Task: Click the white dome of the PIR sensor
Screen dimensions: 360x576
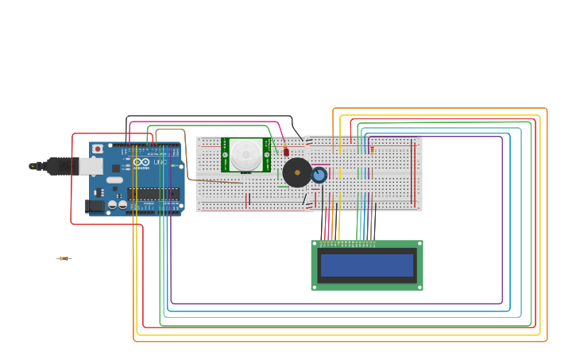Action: click(x=245, y=154)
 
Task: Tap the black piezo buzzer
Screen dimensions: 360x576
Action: click(x=297, y=172)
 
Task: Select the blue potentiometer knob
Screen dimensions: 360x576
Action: click(x=319, y=175)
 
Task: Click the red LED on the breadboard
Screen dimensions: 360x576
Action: click(x=286, y=151)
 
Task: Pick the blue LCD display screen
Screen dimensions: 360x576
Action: click(x=367, y=265)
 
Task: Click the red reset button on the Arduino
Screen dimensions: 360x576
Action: click(x=98, y=149)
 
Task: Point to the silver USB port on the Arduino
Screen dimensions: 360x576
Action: click(x=90, y=165)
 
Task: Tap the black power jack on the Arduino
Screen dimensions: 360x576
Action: click(x=95, y=207)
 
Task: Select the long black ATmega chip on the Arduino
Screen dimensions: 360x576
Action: click(x=153, y=194)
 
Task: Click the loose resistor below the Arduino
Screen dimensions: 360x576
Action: click(x=64, y=258)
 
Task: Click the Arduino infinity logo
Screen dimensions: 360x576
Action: click(x=141, y=162)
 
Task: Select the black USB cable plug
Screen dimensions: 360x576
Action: click(x=56, y=166)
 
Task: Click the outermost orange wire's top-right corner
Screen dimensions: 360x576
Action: click(x=547, y=109)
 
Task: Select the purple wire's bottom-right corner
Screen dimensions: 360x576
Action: click(x=502, y=303)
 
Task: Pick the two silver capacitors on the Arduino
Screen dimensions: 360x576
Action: click(x=118, y=205)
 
